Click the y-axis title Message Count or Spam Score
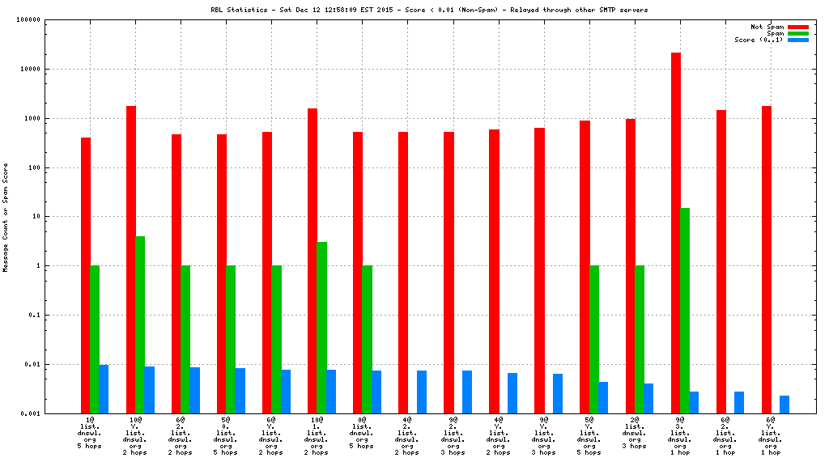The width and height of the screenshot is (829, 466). pos(6,217)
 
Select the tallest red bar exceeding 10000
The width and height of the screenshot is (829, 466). pos(676,232)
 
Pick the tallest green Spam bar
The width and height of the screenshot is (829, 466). pos(685,310)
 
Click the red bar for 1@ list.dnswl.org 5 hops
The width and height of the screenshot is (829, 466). pos(86,275)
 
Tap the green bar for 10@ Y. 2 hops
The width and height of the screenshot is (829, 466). pos(140,324)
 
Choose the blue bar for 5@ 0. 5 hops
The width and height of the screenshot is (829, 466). pos(240,390)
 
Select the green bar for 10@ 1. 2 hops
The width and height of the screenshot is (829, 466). pos(321,327)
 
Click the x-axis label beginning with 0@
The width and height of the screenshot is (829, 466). pos(361,433)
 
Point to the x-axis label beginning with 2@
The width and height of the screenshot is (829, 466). pos(634,433)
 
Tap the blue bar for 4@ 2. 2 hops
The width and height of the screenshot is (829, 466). pos(422,392)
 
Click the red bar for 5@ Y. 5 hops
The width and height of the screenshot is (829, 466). pos(585,267)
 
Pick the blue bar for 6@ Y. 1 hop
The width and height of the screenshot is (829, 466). pos(784,404)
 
